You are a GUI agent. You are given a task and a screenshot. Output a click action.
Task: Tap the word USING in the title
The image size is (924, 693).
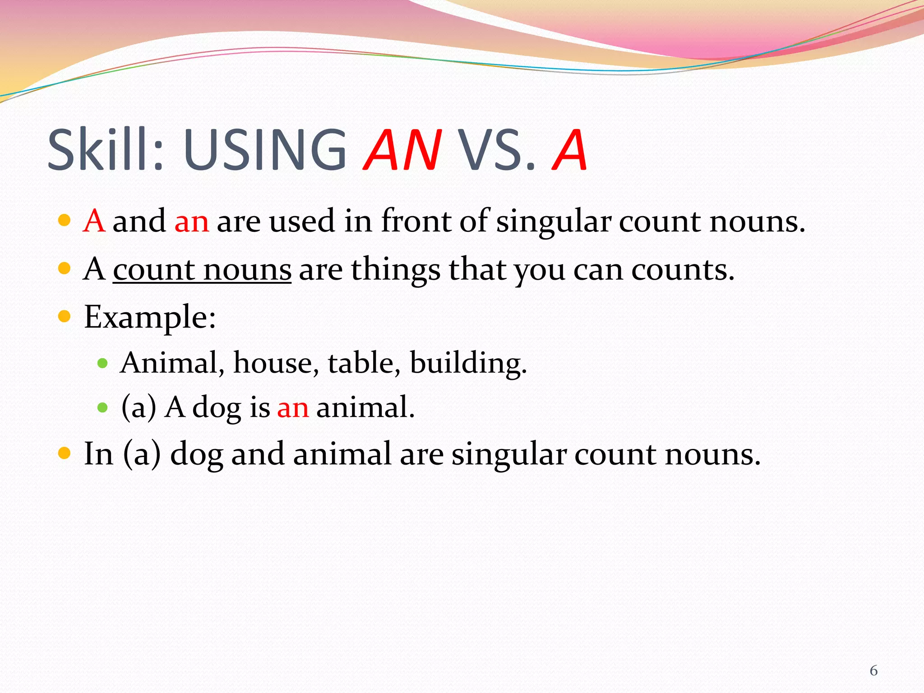pyautogui.click(x=265, y=150)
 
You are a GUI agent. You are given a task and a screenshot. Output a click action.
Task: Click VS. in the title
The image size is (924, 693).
pyautogui.click(x=496, y=150)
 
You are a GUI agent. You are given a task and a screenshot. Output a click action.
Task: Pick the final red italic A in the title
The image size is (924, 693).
pyautogui.click(x=569, y=150)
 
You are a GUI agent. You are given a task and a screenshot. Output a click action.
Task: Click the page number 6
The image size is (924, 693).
pyautogui.click(x=873, y=671)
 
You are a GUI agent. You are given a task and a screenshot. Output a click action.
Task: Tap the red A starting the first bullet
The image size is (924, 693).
pyautogui.click(x=94, y=221)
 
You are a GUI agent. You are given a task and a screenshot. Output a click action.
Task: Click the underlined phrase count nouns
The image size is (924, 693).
pyautogui.click(x=202, y=270)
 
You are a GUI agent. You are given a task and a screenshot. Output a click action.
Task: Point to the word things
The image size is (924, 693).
pyautogui.click(x=396, y=270)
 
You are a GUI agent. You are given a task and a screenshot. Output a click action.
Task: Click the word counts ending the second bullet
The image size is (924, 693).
pyautogui.click(x=682, y=270)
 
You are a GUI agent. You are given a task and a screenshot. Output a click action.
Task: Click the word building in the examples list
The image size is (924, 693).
pyautogui.click(x=468, y=363)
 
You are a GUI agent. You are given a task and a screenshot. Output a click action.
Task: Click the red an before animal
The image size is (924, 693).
pyautogui.click(x=293, y=407)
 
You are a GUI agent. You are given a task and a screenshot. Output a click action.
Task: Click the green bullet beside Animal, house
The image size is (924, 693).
pyautogui.click(x=103, y=363)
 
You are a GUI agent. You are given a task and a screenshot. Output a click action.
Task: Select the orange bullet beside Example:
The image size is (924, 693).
pyautogui.click(x=65, y=316)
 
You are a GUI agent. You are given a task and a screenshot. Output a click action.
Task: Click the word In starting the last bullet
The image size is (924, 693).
pyautogui.click(x=98, y=454)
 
